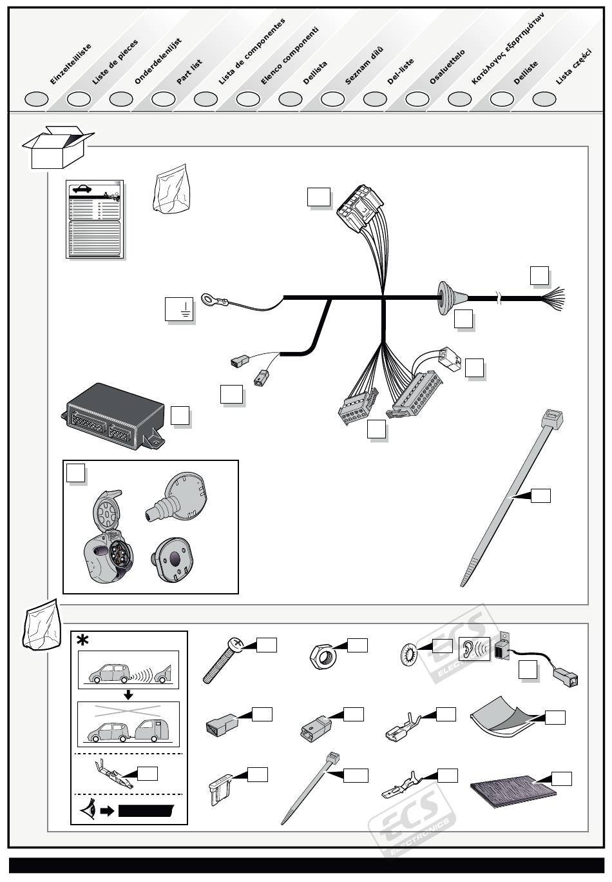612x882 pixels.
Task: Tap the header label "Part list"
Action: (x=189, y=72)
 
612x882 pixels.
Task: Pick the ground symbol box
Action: (x=180, y=311)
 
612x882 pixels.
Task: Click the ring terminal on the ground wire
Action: (x=210, y=299)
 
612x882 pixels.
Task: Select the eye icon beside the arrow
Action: (x=88, y=810)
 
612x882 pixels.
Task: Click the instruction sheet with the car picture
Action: (x=95, y=220)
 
